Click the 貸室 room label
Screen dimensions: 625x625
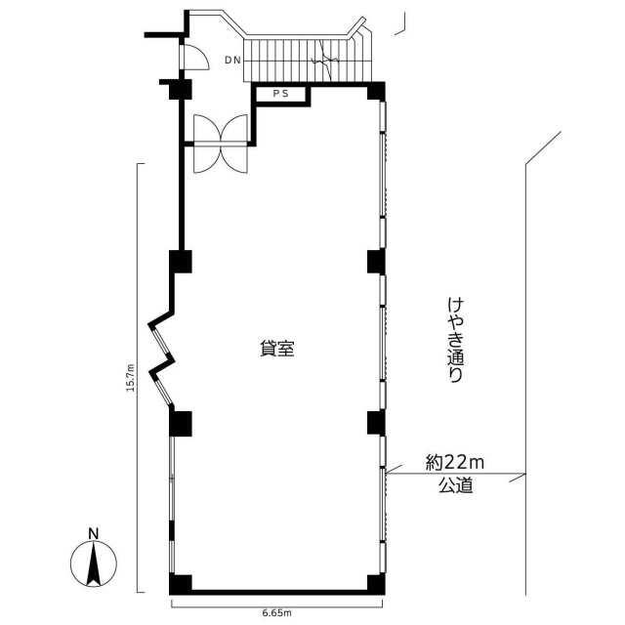(x=277, y=349)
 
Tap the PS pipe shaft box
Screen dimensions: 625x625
(x=280, y=95)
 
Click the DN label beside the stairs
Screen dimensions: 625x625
(x=232, y=61)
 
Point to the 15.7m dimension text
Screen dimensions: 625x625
(x=131, y=377)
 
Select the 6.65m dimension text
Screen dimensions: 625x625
(x=276, y=612)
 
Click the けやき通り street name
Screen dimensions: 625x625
(x=455, y=340)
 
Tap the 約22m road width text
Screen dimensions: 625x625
(x=454, y=463)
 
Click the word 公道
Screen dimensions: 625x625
(x=455, y=485)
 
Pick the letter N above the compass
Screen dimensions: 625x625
(x=94, y=534)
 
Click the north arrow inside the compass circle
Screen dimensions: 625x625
(x=94, y=563)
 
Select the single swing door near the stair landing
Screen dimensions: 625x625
(x=195, y=58)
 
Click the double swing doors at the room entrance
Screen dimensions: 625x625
(x=221, y=144)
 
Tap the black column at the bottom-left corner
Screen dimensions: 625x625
(x=180, y=584)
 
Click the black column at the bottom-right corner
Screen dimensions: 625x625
(x=376, y=584)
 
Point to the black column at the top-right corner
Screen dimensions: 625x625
(x=376, y=91)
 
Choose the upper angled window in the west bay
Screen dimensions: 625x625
(x=161, y=340)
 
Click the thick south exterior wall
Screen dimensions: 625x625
(x=279, y=593)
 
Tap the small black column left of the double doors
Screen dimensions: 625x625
(x=180, y=89)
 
